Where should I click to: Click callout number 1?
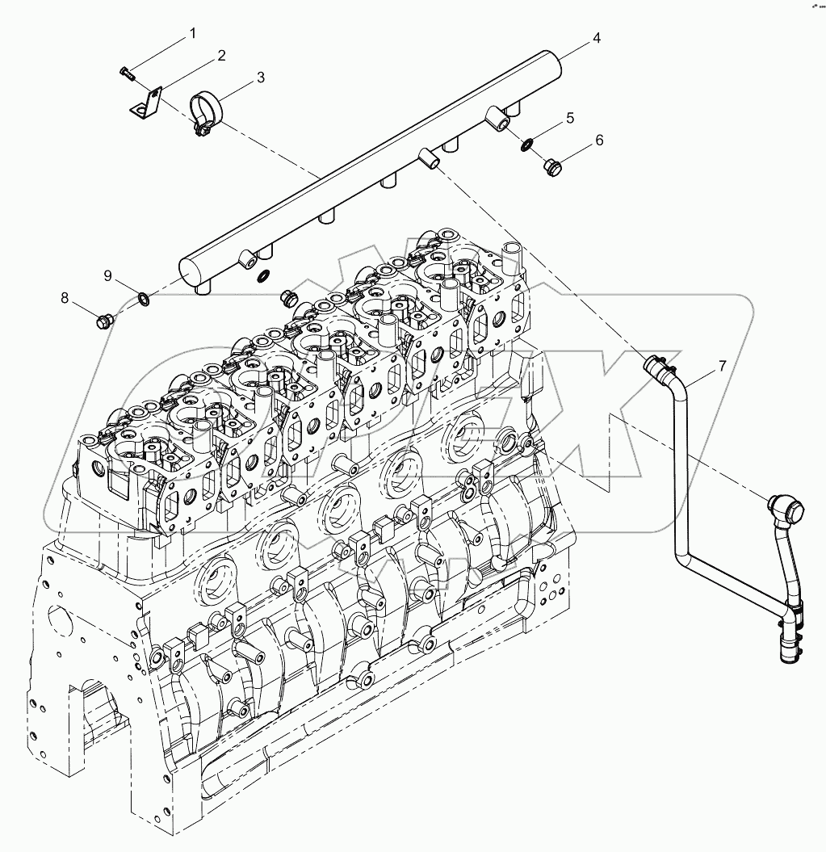(x=193, y=33)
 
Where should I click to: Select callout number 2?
(x=220, y=56)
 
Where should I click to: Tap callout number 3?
(x=261, y=78)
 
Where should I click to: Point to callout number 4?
(x=596, y=37)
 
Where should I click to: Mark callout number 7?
(x=722, y=366)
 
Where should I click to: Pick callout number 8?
(x=65, y=297)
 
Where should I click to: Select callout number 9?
(x=107, y=275)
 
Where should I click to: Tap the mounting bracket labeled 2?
(x=145, y=104)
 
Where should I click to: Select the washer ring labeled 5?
(x=526, y=145)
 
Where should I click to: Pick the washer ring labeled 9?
(x=142, y=301)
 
